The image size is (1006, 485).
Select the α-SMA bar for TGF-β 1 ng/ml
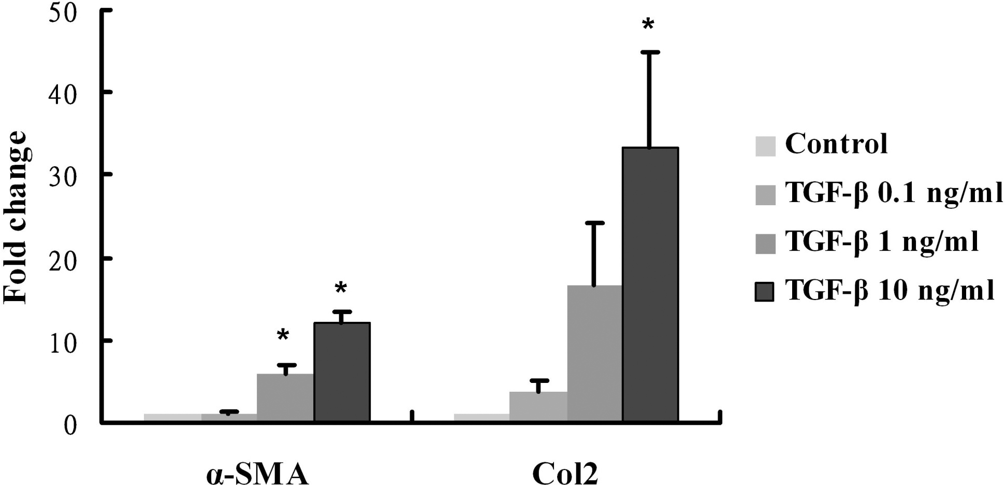click(x=285, y=397)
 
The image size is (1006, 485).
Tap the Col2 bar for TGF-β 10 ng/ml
click(x=650, y=284)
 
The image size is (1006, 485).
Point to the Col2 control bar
click(x=482, y=417)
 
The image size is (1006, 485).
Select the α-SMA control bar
click(x=172, y=417)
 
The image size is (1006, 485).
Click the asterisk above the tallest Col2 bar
click(x=648, y=24)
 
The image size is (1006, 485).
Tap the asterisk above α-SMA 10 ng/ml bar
click(x=340, y=288)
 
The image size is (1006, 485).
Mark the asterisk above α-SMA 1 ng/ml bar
click(x=283, y=335)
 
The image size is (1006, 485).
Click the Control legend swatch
click(x=765, y=146)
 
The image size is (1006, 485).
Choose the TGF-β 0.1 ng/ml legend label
click(x=894, y=193)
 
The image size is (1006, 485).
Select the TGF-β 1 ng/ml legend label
click(x=882, y=242)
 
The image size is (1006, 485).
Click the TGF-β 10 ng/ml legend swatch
click(x=765, y=292)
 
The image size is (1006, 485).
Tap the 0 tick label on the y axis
click(x=70, y=425)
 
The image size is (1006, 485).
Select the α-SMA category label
click(x=257, y=474)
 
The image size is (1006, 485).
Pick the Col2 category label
click(x=565, y=474)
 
